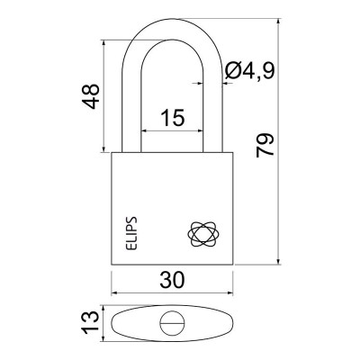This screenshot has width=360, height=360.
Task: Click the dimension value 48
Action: pos(91,96)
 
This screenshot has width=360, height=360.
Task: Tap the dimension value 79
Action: pos(265,145)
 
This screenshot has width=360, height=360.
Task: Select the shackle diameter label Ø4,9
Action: pos(250,70)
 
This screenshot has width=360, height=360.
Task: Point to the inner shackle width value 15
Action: pos(172,117)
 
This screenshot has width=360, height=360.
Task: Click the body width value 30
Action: pos(172,280)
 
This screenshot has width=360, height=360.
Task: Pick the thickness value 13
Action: pos(91,322)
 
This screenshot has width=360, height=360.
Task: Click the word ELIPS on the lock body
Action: pos(130,232)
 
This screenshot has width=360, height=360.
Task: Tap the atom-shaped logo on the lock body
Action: pos(203,235)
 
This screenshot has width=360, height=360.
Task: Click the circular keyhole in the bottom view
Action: pos(172,324)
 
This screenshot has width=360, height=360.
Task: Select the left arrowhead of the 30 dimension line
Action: pos(114,292)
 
